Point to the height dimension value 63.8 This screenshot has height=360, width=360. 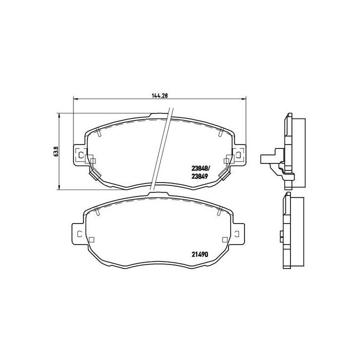pyautogui.click(x=55, y=151)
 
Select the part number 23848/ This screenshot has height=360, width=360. pyautogui.click(x=201, y=168)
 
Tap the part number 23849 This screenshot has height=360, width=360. pyautogui.click(x=200, y=176)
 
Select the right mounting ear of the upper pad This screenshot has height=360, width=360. pyautogui.click(x=240, y=155)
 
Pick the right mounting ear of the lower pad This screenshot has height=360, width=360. pyautogui.click(x=240, y=233)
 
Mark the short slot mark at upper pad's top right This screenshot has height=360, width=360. pyautogui.click(x=220, y=132)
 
